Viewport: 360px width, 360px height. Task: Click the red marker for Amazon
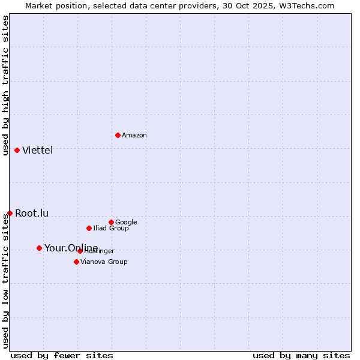118,135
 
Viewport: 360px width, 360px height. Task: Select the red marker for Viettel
17,150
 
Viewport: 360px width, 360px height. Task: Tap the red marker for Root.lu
10,213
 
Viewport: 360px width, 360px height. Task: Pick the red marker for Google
111,222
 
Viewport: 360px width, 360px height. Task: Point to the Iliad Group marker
89,228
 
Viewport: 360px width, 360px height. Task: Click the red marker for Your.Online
39,248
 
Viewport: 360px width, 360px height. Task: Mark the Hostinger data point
80,251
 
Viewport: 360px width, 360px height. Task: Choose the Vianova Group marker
76,262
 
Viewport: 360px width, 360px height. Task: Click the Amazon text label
134,136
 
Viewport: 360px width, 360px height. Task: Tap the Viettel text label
38,151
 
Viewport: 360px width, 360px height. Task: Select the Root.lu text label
32,214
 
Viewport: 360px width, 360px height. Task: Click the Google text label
126,223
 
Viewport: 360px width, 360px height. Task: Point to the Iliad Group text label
111,229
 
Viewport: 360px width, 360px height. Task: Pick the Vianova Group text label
104,262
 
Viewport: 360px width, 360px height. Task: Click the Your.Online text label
71,248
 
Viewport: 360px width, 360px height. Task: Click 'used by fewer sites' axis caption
62,356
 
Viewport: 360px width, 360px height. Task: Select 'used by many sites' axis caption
301,356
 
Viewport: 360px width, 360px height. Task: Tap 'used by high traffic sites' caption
5,85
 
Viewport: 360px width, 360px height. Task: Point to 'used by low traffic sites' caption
5,281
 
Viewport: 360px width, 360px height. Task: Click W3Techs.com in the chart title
310,5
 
